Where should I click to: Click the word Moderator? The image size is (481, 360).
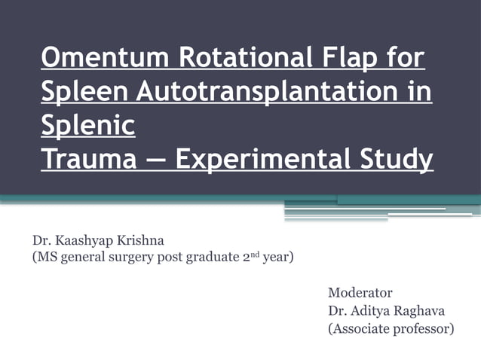[x=360, y=291]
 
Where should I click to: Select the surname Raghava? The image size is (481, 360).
[x=425, y=310]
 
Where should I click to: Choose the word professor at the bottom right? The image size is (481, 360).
[x=426, y=329]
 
